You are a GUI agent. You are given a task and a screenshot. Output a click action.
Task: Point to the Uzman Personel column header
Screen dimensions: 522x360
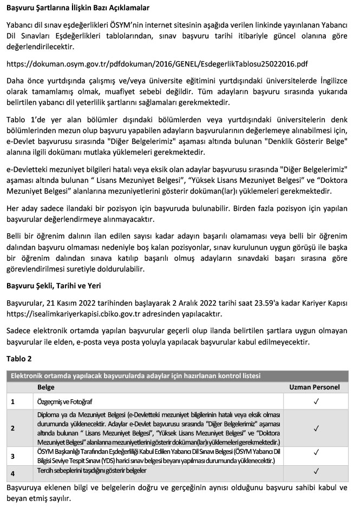pyautogui.click(x=315, y=387)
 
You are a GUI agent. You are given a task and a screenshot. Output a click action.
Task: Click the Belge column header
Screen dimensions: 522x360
pyautogui.click(x=46, y=387)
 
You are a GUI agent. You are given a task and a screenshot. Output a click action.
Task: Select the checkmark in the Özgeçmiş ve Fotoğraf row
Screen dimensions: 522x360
pyautogui.click(x=316, y=401)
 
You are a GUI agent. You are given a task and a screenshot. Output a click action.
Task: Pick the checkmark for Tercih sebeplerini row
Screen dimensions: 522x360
pyautogui.click(x=316, y=471)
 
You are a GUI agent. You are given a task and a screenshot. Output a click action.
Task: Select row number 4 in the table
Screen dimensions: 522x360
pyautogui.click(x=12, y=473)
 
